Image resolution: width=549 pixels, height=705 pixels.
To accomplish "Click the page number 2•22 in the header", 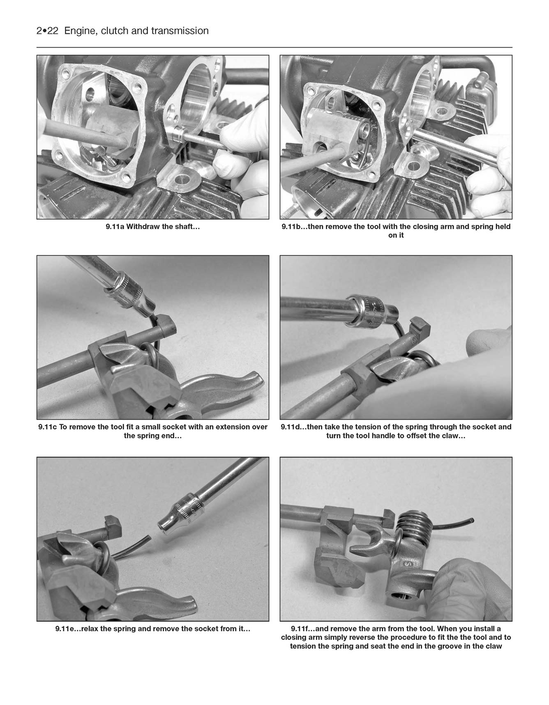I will [47, 31].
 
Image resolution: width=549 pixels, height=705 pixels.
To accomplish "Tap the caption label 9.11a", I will [115, 227].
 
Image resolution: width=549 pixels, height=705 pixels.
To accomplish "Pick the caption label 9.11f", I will [300, 629].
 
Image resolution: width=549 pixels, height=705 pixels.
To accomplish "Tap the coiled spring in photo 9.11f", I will [411, 524].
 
